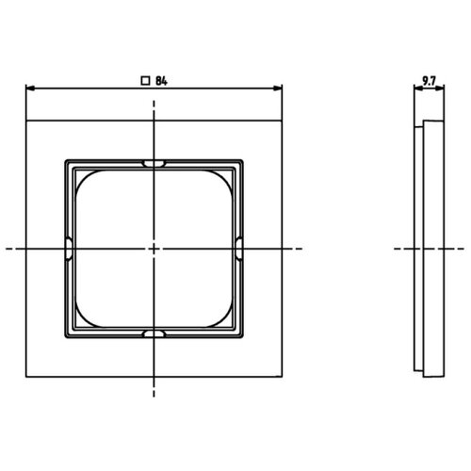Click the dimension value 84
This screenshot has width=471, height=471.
(161, 81)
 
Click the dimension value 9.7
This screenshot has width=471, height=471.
(429, 81)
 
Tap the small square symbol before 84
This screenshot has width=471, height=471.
(145, 81)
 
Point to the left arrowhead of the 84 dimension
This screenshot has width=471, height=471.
(30, 89)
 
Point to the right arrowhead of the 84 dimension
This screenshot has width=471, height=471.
(278, 89)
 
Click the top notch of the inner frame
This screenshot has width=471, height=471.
(154, 163)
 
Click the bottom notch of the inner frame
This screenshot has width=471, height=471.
(154, 333)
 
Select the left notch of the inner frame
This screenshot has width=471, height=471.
(69, 249)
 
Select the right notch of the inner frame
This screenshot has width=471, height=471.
(238, 249)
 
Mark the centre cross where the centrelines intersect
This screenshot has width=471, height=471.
(154, 249)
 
